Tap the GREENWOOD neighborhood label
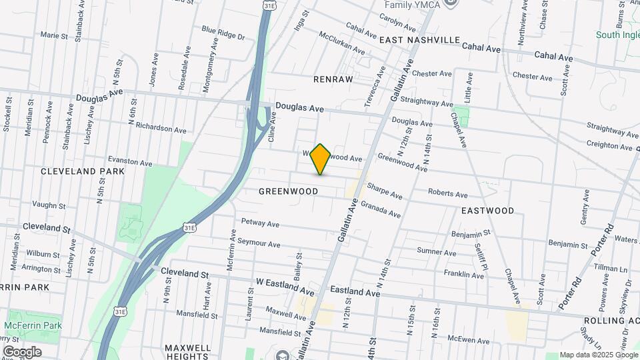[x=288, y=191]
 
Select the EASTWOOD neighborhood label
[x=487, y=211]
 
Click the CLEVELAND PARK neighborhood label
[x=83, y=171]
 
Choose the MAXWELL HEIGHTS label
[x=187, y=352]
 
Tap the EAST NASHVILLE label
[x=420, y=40]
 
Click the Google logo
[x=22, y=351]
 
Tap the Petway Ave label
[x=260, y=223]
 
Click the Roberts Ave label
[x=447, y=194]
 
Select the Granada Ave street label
[x=380, y=210]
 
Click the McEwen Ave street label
[x=469, y=341]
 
